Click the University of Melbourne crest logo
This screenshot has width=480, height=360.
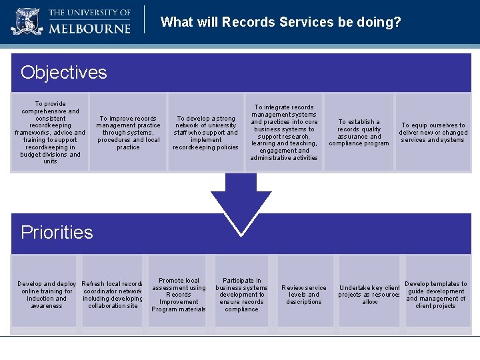pos(27,21)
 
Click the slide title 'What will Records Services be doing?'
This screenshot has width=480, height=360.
pos(281,22)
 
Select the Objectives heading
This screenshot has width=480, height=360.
pos(63,72)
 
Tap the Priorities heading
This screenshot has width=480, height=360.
pos(57,232)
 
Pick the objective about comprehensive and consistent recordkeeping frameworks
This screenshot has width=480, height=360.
pos(50,132)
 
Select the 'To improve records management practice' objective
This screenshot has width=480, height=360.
pos(128,133)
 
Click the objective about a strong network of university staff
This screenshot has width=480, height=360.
pos(205,133)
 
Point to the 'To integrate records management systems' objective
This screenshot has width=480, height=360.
pos(284,132)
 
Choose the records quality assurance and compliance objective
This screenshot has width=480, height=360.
pos(359,133)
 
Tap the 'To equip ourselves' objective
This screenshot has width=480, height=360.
pos(433,133)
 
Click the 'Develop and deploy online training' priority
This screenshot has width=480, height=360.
pos(47,295)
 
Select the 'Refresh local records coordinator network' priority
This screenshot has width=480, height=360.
pos(113,295)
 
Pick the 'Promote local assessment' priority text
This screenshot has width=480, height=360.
pos(179,295)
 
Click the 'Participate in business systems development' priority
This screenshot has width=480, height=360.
pos(241,295)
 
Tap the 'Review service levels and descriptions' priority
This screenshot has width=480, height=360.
pos(303,295)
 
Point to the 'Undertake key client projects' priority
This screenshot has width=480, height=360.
pos(369,295)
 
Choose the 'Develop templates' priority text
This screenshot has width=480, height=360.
pos(435,295)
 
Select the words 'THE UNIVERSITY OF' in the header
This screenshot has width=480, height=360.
pos(89,13)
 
